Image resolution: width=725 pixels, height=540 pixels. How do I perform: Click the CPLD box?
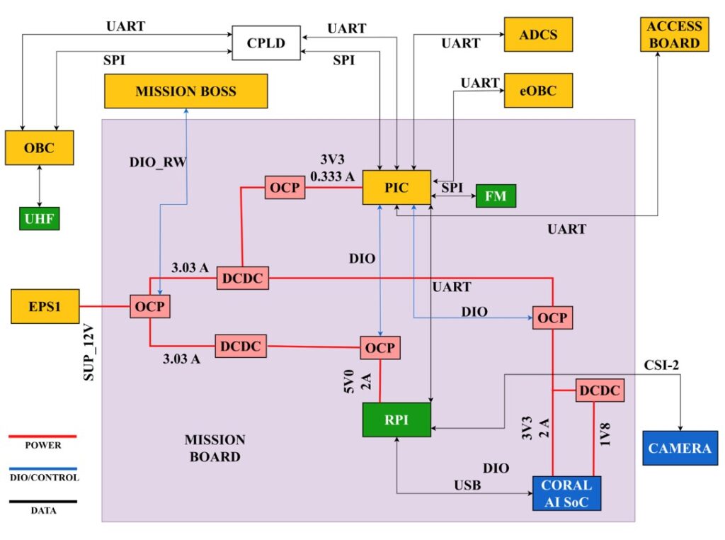pos(266,43)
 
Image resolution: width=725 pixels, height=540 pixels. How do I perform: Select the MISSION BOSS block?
pos(186,91)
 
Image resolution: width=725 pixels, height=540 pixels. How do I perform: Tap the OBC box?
pos(39,148)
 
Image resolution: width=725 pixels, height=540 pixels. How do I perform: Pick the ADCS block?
pos(537,35)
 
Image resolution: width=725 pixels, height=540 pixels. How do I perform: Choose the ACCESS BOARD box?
pos(673,35)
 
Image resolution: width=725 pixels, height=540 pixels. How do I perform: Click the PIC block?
pos(396,188)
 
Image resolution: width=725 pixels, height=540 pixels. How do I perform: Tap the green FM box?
pos(496,196)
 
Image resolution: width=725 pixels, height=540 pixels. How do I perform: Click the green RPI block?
pos(396,418)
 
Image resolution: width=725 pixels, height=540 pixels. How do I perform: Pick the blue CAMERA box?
pos(679,448)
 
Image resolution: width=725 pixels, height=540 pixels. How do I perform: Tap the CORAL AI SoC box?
pos(566,493)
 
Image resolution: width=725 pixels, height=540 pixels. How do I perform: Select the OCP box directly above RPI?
pos(381,347)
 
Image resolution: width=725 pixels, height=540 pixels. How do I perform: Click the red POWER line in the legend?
pos(42,437)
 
